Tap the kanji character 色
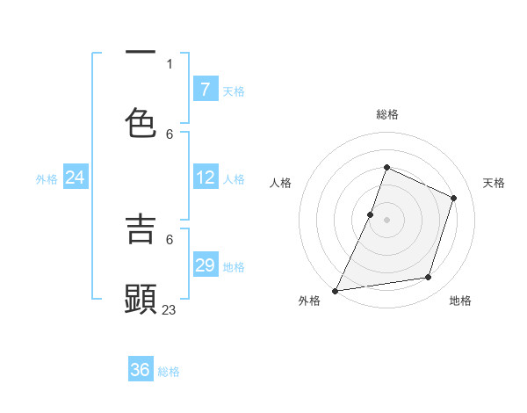click(x=141, y=123)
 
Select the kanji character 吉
click(x=141, y=228)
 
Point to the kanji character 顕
click(x=141, y=299)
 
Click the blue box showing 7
click(x=205, y=90)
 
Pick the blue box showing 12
click(x=205, y=178)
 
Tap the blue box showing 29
click(x=205, y=265)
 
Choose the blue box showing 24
click(x=75, y=178)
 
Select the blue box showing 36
click(x=141, y=370)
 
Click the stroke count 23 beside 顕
click(x=170, y=309)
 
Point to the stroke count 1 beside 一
click(x=170, y=63)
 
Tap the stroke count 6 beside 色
click(x=170, y=134)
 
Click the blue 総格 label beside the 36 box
click(x=169, y=372)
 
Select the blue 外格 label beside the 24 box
click(x=47, y=179)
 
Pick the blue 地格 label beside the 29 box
click(x=234, y=267)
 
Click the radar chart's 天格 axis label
click(x=494, y=183)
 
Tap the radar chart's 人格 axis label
click(x=280, y=183)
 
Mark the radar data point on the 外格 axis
click(x=335, y=290)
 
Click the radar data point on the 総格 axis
click(x=386, y=167)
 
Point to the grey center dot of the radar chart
click(x=386, y=219)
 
